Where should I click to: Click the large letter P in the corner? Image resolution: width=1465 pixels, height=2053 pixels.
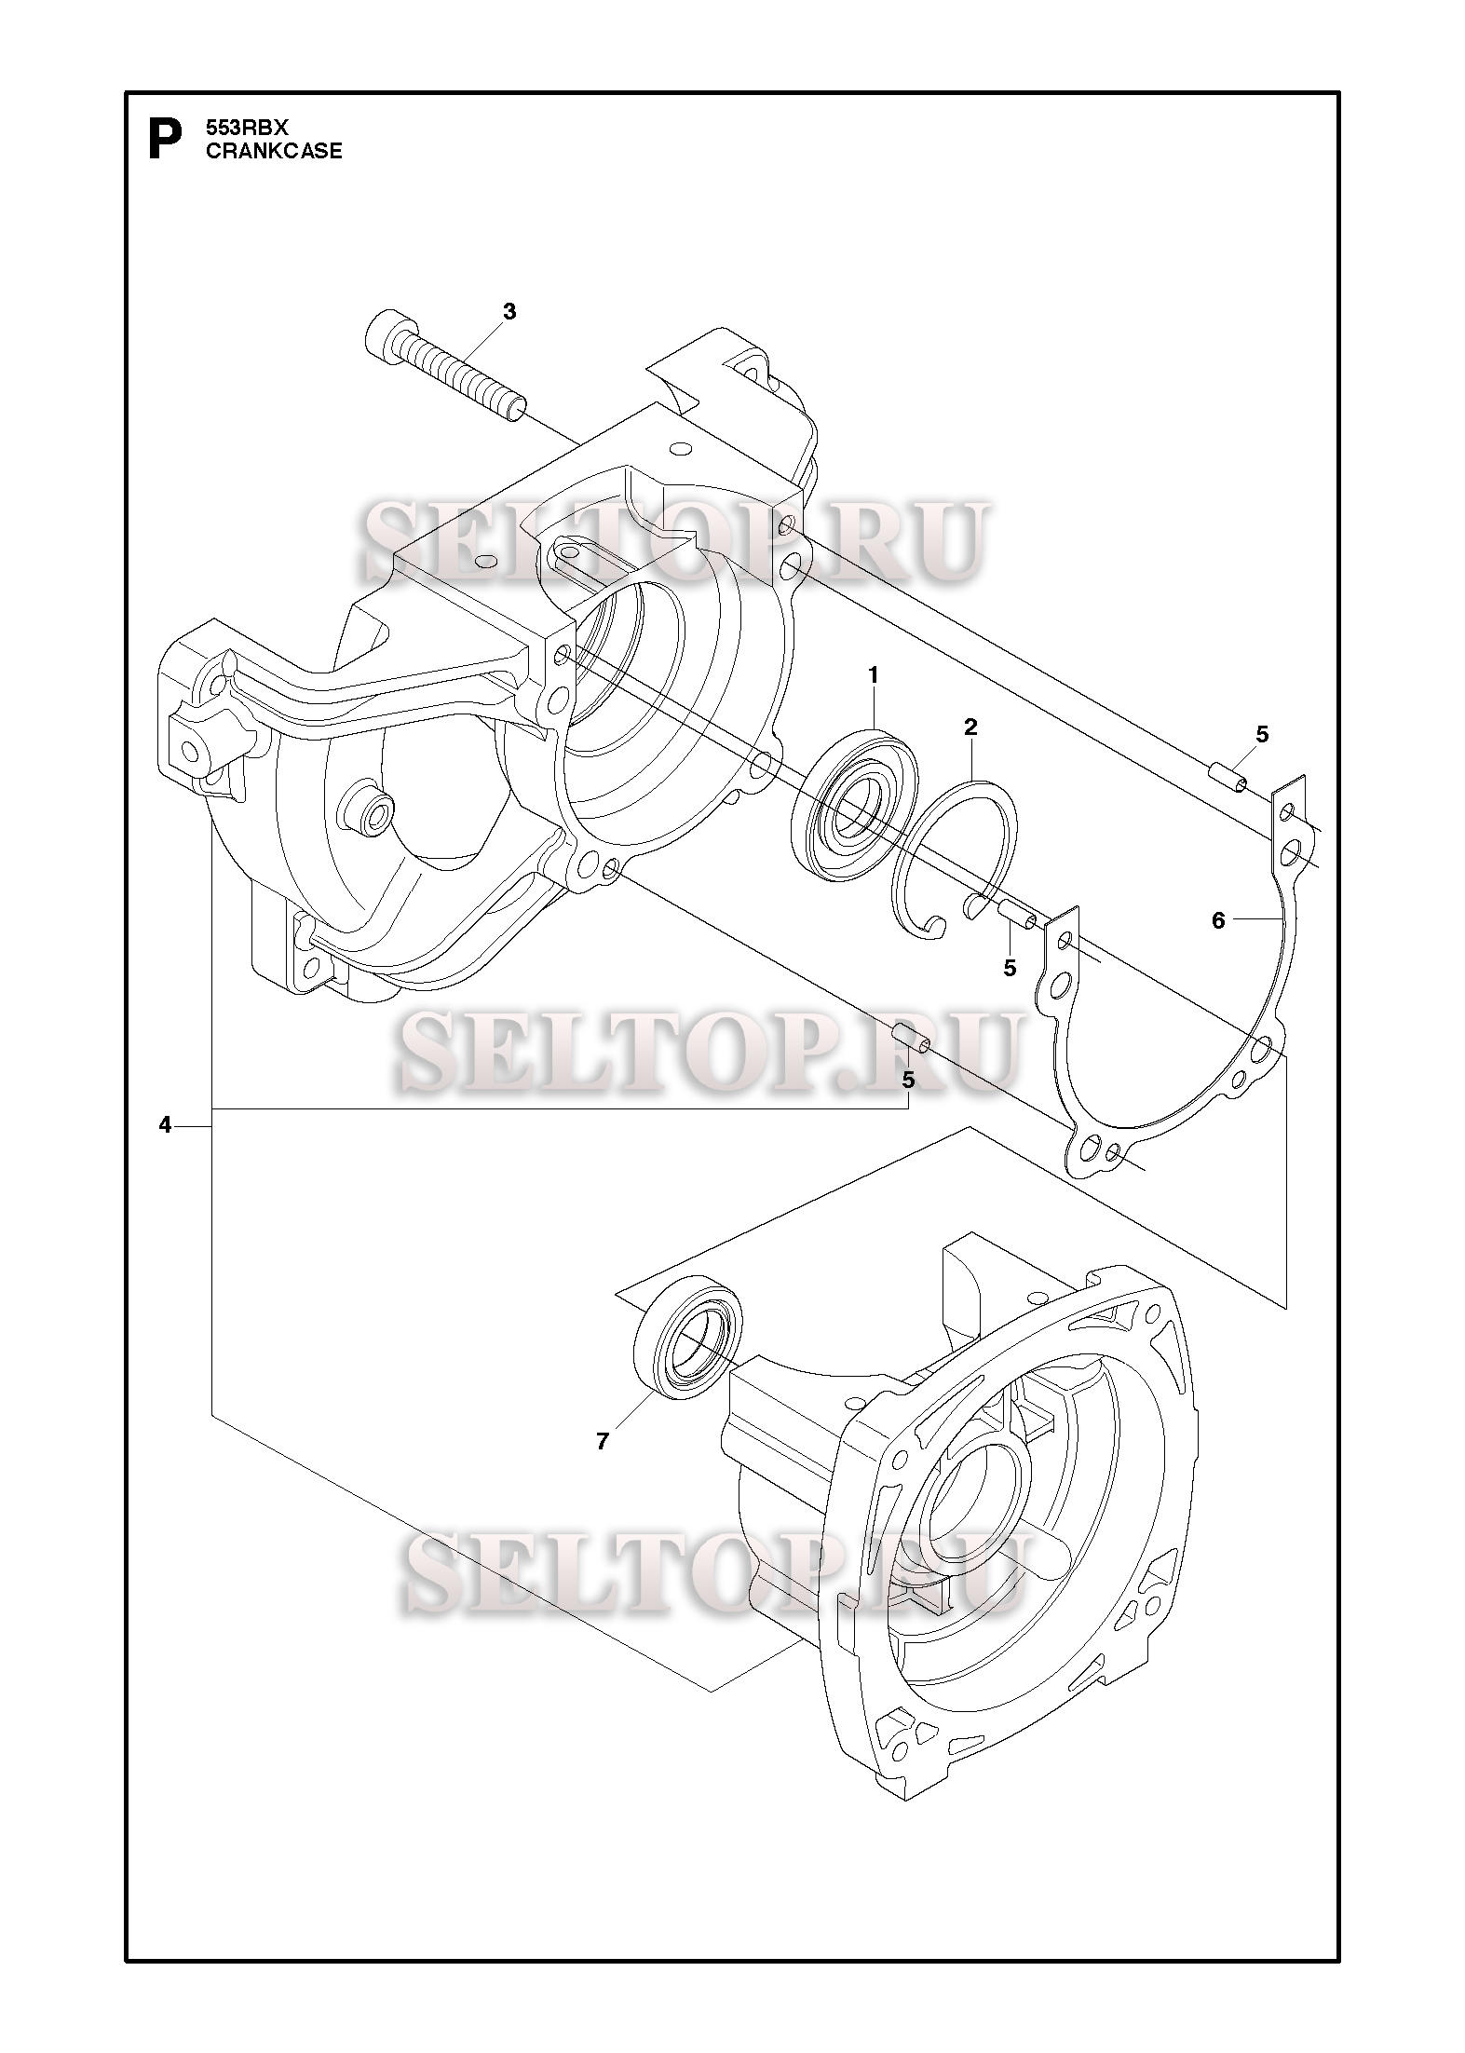(x=164, y=139)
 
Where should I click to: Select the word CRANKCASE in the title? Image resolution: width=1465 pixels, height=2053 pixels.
(x=273, y=151)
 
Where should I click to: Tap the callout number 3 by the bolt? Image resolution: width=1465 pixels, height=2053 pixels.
(x=509, y=311)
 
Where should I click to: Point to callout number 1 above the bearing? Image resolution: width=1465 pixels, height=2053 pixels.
(x=873, y=674)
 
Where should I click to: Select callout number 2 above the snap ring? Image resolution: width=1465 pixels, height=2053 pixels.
(x=970, y=727)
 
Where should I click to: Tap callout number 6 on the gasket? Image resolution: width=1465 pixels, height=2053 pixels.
(x=1218, y=921)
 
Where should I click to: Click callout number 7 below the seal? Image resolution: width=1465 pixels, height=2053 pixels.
(x=603, y=1441)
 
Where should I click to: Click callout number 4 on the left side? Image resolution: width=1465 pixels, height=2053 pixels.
(x=165, y=1125)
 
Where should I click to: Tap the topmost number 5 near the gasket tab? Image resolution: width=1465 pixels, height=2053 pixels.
(x=1262, y=734)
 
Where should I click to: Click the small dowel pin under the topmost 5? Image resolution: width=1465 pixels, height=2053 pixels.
(x=1228, y=777)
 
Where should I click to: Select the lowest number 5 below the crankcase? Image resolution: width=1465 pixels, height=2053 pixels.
(x=908, y=1080)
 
